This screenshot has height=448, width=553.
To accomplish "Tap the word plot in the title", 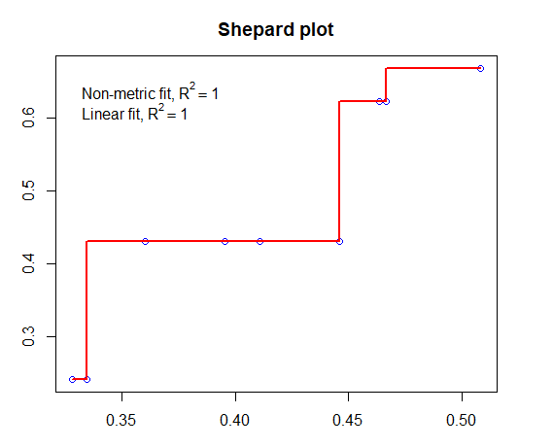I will pyautogui.click(x=317, y=31).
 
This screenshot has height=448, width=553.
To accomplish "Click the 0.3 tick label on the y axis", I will pyautogui.click(x=28, y=336).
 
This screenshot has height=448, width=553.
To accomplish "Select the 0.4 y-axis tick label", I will pyautogui.click(x=28, y=263).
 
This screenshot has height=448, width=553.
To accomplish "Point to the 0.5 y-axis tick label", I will pyautogui.click(x=28, y=190).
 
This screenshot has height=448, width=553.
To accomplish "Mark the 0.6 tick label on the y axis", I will pyautogui.click(x=28, y=118).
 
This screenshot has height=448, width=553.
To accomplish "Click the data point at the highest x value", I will pyautogui.click(x=480, y=68).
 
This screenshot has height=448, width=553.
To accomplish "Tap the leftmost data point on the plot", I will pyautogui.click(x=72, y=379).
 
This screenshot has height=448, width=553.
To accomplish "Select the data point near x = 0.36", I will pyautogui.click(x=145, y=241).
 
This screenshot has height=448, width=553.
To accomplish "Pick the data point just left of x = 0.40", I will pyautogui.click(x=225, y=241).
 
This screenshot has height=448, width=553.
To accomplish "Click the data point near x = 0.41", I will pyautogui.click(x=259, y=241).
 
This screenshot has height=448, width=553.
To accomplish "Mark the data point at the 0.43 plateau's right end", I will pyautogui.click(x=339, y=241).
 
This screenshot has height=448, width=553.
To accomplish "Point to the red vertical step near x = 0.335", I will pyautogui.click(x=87, y=311).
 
